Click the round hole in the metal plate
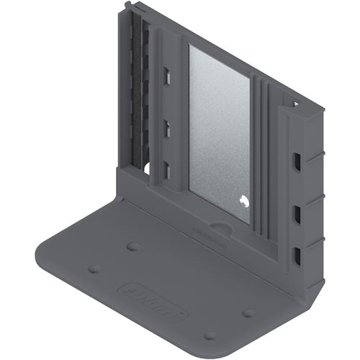(x=243, y=204)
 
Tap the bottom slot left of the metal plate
(x=166, y=170)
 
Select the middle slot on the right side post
(x=295, y=212)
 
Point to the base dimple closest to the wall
(x=132, y=246)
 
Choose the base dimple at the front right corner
(x=210, y=336)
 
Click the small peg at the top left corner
(x=129, y=6)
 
